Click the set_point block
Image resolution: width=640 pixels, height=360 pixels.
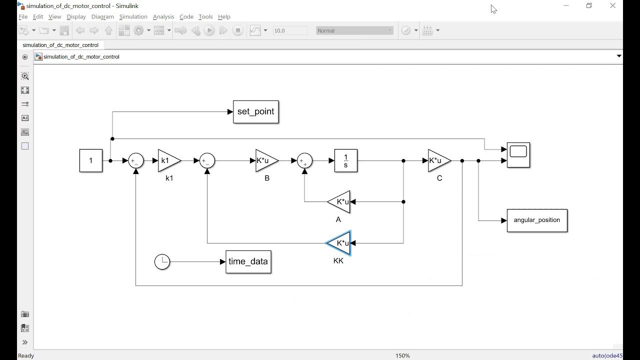click(x=255, y=112)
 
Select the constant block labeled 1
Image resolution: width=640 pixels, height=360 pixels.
click(x=91, y=160)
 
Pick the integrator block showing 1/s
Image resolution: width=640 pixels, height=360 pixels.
click(x=345, y=160)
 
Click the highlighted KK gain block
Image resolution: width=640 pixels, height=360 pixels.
click(x=339, y=243)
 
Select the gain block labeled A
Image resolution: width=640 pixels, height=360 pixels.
click(x=339, y=202)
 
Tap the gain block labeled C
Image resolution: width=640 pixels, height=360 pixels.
click(x=438, y=160)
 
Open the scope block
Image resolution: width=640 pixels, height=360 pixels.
click(x=518, y=155)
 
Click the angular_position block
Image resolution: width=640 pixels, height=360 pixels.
click(x=537, y=220)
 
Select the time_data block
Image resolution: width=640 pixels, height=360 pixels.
click(x=248, y=262)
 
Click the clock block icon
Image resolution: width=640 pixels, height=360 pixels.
click(x=162, y=262)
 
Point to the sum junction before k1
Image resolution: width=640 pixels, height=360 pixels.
click(x=136, y=160)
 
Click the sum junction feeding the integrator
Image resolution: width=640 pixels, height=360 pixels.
click(x=304, y=160)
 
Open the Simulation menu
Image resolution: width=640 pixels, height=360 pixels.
click(x=133, y=16)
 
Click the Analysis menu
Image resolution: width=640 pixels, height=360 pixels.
click(x=163, y=16)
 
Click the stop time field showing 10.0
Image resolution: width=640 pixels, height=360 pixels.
click(x=289, y=30)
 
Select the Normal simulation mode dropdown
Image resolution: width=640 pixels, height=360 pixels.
click(x=354, y=30)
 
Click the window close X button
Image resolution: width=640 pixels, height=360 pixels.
click(x=612, y=6)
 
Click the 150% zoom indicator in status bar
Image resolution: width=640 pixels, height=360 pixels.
click(x=402, y=355)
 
